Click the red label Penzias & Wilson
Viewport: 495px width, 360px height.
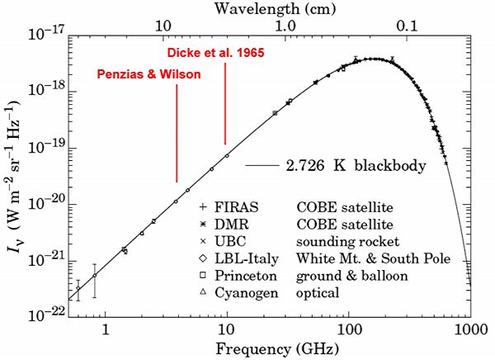[148, 73]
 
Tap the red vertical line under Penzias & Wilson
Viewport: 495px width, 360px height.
[177, 132]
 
